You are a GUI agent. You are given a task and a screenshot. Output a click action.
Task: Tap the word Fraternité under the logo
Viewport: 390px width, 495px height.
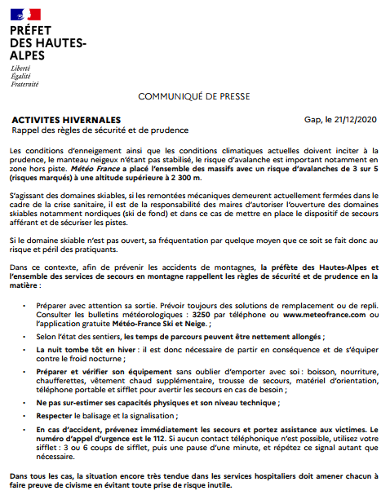click(24, 83)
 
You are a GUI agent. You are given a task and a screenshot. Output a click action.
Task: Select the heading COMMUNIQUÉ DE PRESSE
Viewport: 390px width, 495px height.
click(195, 96)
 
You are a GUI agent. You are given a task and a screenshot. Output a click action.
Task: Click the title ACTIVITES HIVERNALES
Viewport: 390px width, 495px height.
click(66, 119)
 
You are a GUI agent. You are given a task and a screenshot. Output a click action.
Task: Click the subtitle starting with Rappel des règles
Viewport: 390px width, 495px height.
click(100, 130)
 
